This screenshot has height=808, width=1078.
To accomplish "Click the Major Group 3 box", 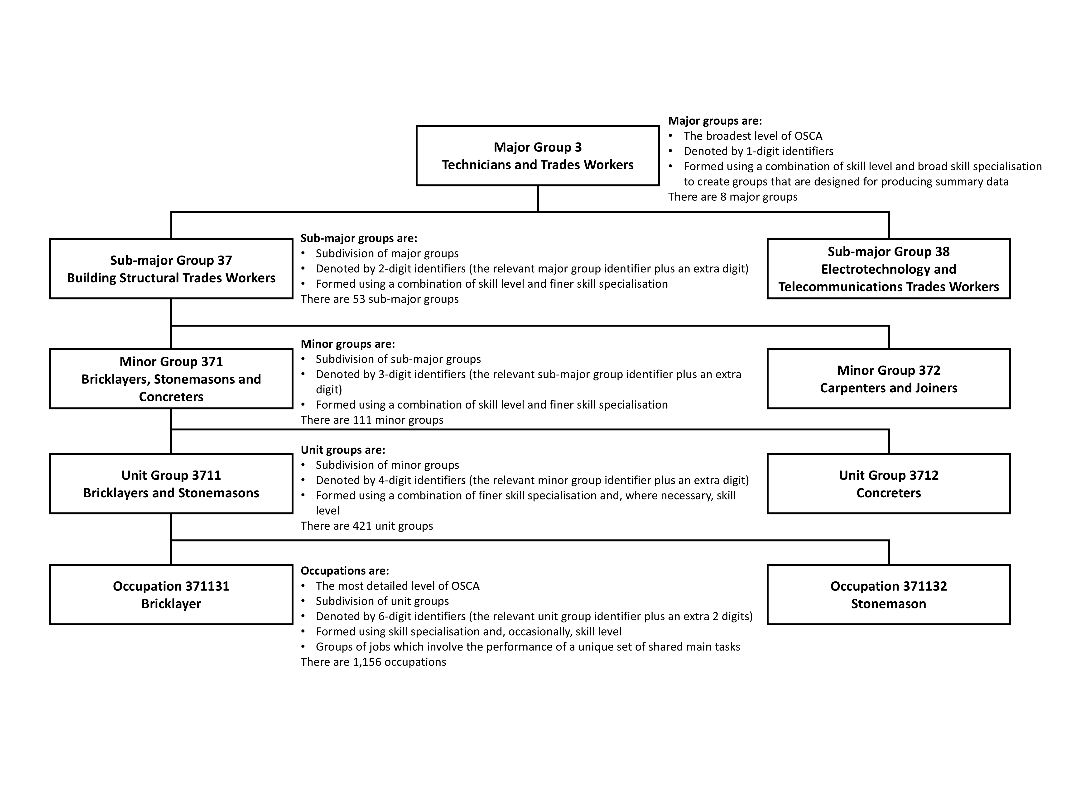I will (x=538, y=156).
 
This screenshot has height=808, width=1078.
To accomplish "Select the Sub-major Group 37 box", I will (x=171, y=269).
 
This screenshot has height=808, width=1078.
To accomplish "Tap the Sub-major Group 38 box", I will (x=888, y=269).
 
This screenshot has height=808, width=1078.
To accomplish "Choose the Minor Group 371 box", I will (x=171, y=379).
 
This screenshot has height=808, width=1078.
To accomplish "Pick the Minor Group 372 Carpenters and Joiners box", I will (x=888, y=379).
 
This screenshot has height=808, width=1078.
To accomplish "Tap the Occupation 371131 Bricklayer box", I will (x=171, y=595).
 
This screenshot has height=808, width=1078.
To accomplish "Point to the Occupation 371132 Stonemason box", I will (x=888, y=595).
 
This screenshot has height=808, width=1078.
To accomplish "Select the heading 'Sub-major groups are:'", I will (x=359, y=238).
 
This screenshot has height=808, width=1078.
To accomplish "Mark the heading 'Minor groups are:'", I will (x=347, y=344).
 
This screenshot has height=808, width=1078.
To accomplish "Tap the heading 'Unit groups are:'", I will (x=343, y=450).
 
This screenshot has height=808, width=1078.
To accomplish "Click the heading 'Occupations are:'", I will (x=345, y=570).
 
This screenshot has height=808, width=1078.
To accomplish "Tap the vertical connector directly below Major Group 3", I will (x=538, y=199).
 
